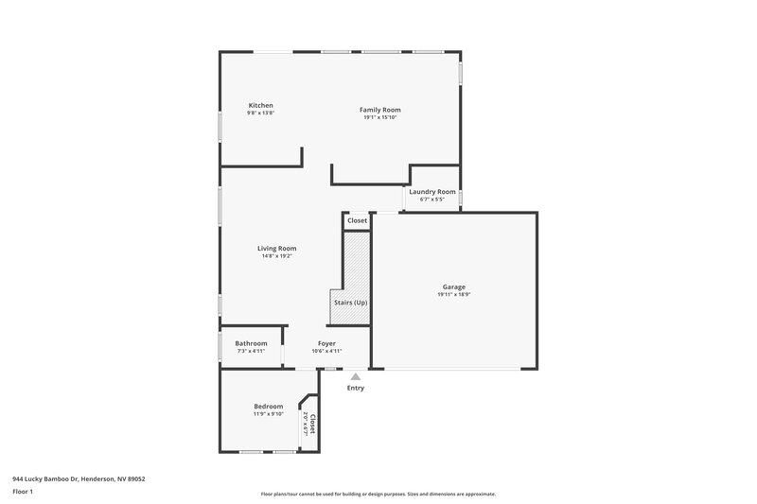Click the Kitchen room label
point(260,105)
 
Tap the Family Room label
point(379,110)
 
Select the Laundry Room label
point(431,192)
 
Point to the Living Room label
point(277,248)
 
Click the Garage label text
point(454,287)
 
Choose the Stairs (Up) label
point(349,303)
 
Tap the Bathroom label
point(251,343)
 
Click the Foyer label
point(326,343)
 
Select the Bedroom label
point(268,407)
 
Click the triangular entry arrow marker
point(355,375)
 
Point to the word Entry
point(355,388)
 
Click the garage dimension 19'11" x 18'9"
point(454,295)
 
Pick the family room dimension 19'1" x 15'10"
point(379,118)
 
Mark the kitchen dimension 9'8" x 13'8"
point(260,113)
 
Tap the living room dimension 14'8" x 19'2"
point(277,256)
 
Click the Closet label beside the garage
point(357,220)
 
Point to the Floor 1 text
point(23,493)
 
